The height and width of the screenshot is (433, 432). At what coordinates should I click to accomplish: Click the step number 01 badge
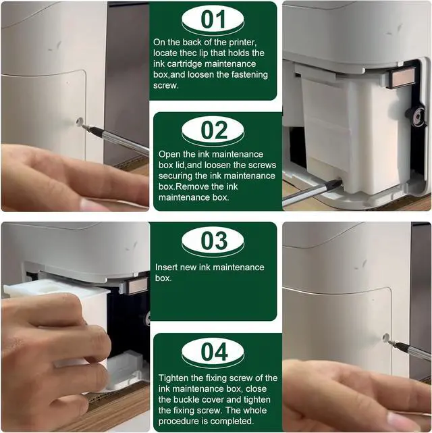pyautogui.click(x=213, y=20)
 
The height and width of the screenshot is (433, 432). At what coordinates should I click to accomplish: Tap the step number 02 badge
pyautogui.click(x=213, y=131)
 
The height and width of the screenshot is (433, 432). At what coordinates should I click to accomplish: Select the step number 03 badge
pyautogui.click(x=213, y=241)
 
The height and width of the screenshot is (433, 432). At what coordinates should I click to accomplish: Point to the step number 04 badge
pyautogui.click(x=213, y=353)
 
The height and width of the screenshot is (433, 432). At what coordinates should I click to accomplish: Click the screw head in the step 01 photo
pyautogui.click(x=80, y=121)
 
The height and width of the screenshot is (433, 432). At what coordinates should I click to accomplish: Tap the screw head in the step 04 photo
pyautogui.click(x=386, y=337)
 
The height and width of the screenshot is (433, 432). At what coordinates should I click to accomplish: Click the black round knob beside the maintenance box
pyautogui.click(x=416, y=115)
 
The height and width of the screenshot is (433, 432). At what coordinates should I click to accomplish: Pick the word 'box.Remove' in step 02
pyautogui.click(x=184, y=186)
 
